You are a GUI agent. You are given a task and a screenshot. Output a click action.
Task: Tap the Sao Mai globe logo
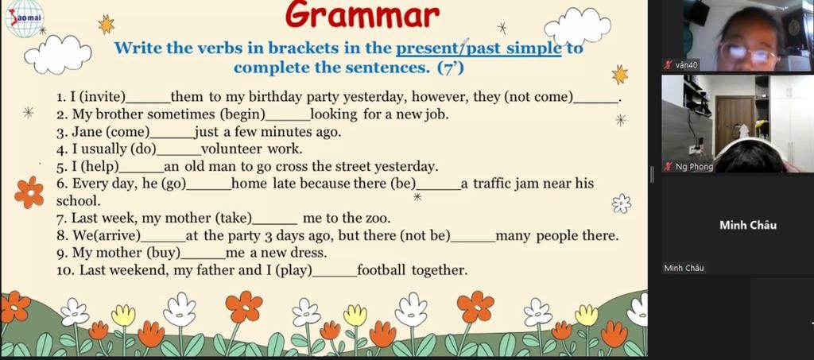click(x=25, y=18)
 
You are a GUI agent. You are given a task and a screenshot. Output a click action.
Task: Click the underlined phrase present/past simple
click(x=479, y=48)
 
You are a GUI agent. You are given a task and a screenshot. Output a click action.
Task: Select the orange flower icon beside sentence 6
click(x=29, y=192)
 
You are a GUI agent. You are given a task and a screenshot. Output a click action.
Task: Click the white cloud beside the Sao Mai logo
click(x=57, y=53)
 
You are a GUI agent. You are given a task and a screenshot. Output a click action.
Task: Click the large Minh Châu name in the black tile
click(x=748, y=225)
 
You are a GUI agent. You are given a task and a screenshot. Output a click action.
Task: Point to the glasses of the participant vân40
click(x=749, y=53)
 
